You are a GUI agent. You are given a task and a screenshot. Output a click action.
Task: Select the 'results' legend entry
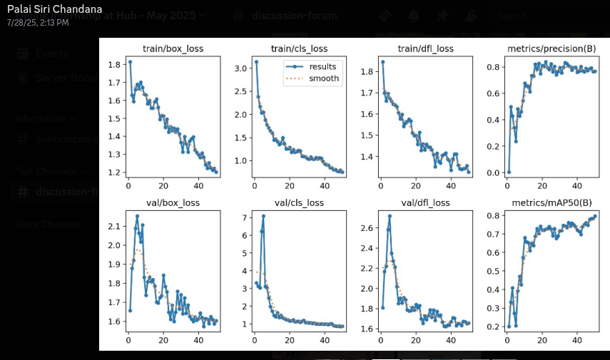[x=322, y=67]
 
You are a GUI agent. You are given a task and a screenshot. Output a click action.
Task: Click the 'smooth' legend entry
[x=323, y=78]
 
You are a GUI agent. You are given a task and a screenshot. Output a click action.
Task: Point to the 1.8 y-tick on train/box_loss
[x=114, y=65]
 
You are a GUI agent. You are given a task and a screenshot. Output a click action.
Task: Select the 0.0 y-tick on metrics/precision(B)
[x=493, y=173]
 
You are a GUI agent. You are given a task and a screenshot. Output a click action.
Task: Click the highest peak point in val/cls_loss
[x=263, y=216]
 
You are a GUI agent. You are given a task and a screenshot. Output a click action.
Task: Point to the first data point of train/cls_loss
[x=256, y=62]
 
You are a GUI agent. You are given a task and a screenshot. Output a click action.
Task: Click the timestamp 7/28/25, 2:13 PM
[x=38, y=23]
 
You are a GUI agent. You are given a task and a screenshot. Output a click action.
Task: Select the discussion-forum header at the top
[x=298, y=16]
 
